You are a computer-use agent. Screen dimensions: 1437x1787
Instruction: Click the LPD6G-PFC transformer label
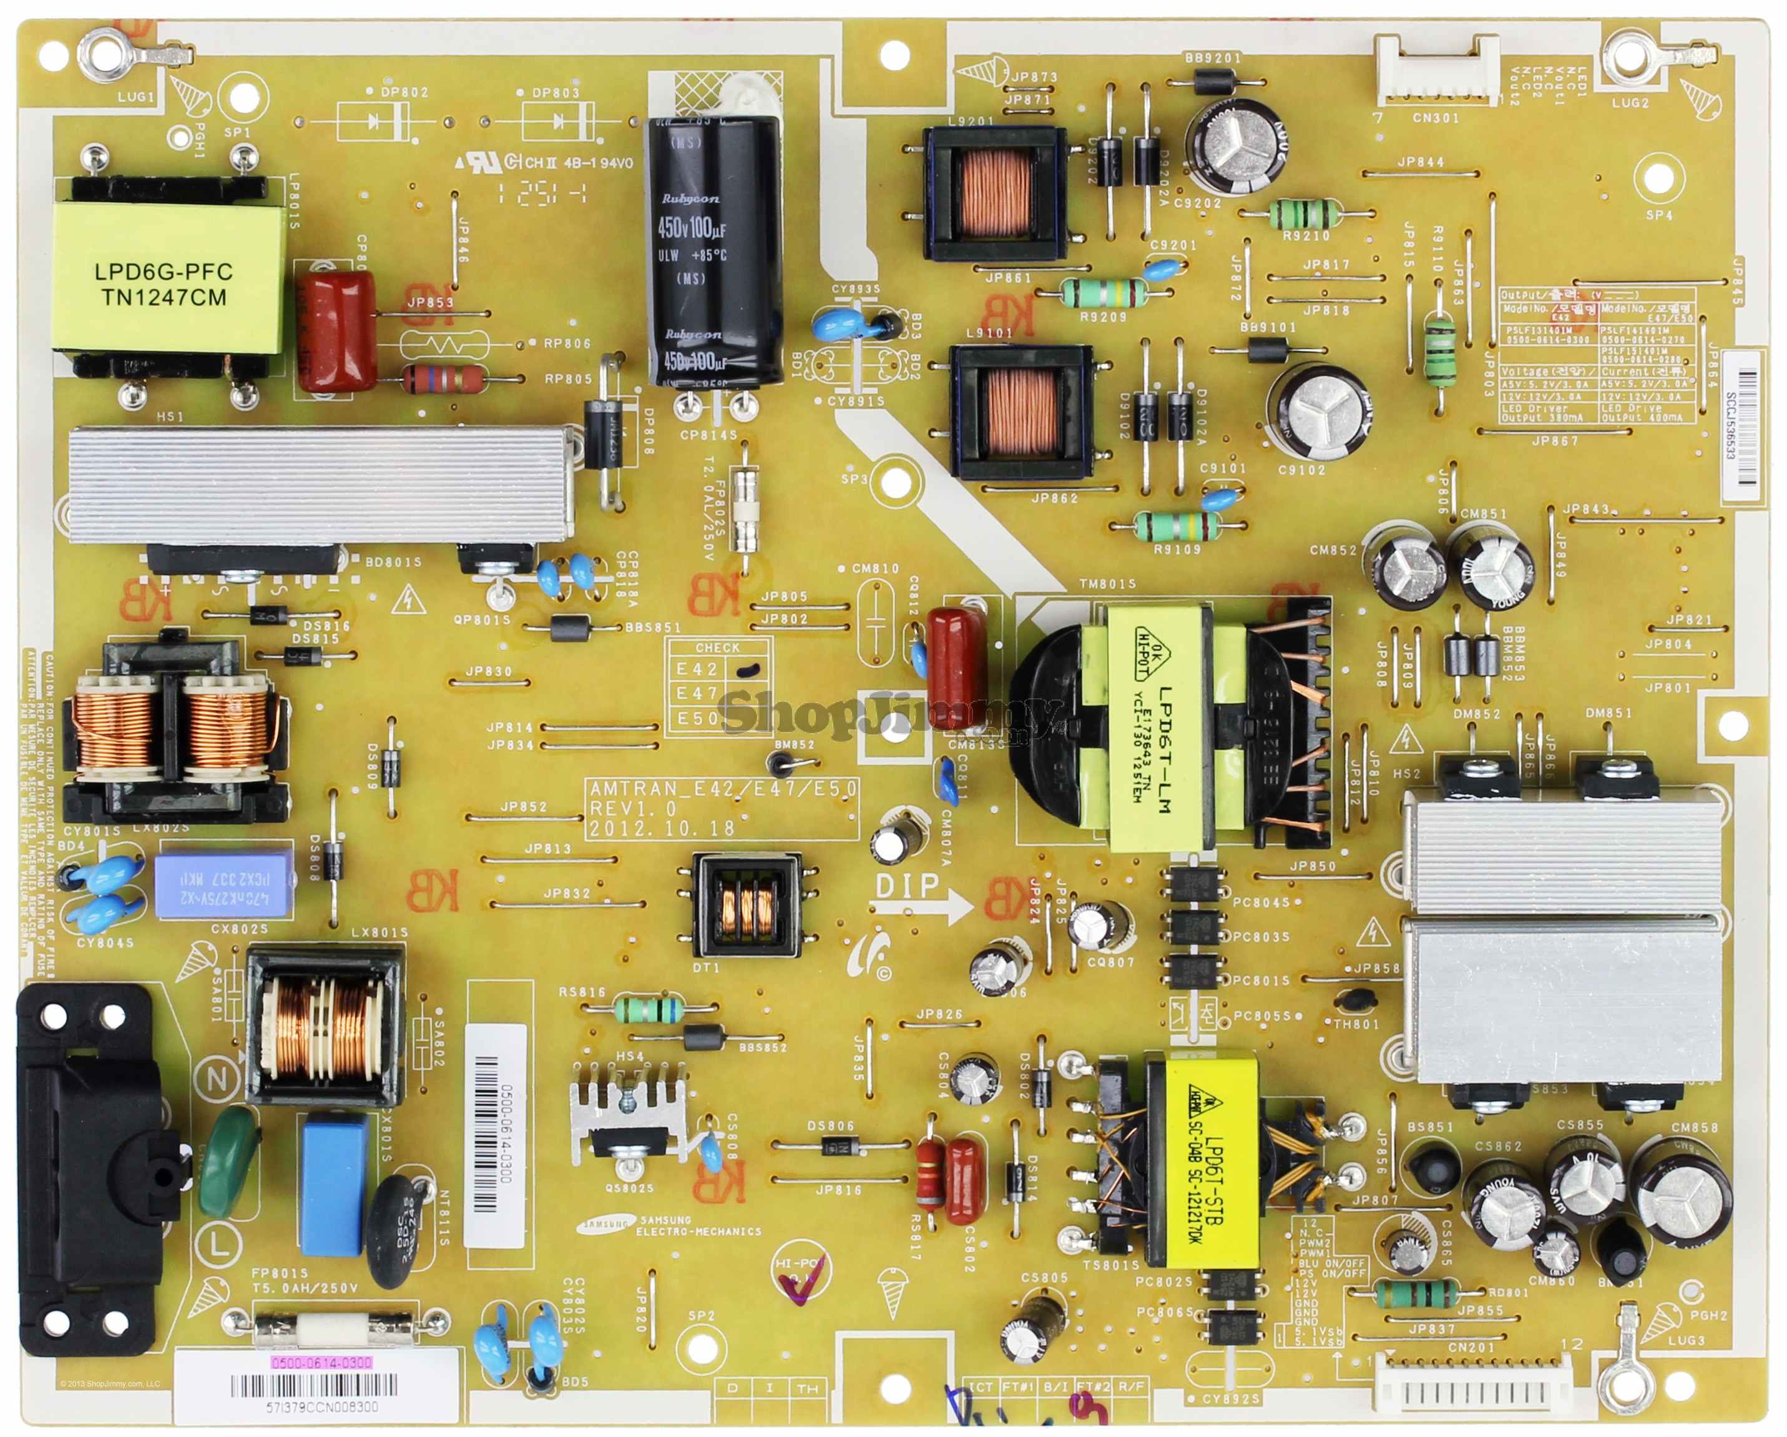pos(164,284)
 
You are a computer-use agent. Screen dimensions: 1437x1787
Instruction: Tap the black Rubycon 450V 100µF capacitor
pos(715,249)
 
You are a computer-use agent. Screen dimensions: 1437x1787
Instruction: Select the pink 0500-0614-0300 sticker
pos(321,1363)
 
